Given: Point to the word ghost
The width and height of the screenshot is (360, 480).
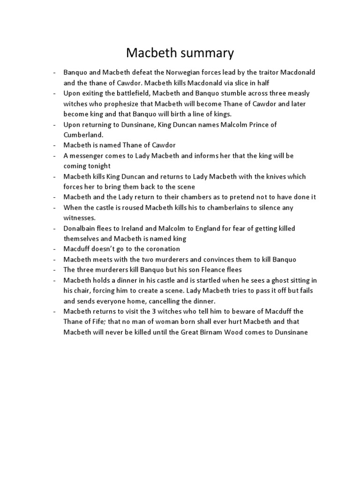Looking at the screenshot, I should (x=265, y=280).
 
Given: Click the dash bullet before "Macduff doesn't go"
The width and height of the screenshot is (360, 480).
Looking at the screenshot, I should (x=55, y=249).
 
